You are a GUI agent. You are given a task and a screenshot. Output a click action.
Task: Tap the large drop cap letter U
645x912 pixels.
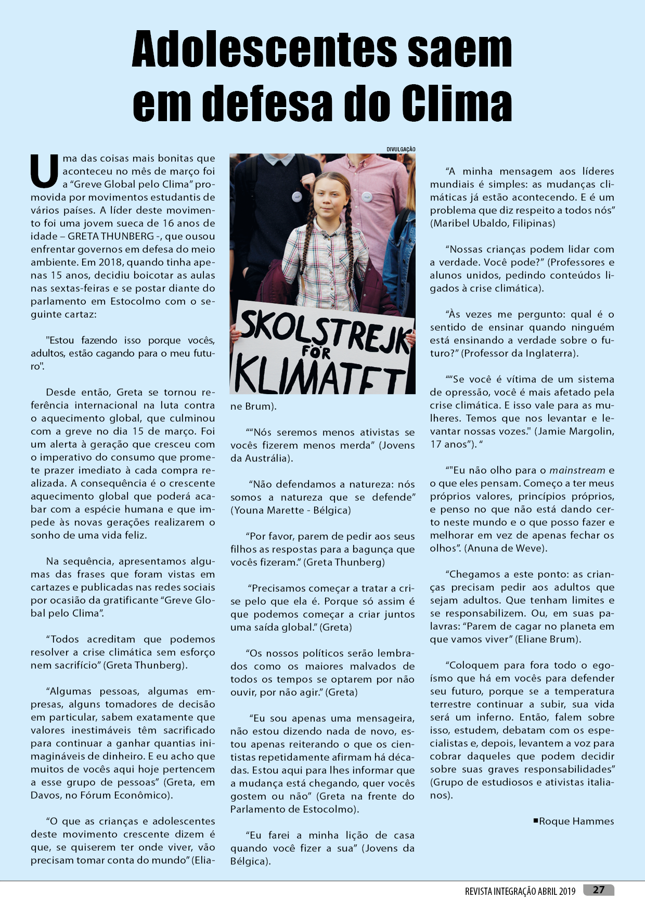point(44,171)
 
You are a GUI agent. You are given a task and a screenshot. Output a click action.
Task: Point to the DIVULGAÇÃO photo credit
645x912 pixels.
point(401,150)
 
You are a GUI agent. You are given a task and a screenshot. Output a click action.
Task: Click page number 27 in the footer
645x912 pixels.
point(599,890)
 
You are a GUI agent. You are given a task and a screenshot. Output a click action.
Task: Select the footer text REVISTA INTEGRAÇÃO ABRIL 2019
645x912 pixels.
point(520,891)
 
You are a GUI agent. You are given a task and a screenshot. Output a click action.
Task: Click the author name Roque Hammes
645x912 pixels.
point(576,821)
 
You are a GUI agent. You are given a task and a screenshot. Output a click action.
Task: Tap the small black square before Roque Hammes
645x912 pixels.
point(535,820)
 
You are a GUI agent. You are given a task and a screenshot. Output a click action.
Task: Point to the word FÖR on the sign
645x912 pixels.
point(316,353)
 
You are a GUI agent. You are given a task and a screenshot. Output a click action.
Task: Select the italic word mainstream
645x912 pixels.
point(577,470)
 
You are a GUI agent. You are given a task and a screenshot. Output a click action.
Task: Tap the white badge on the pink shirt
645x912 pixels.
point(367,197)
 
